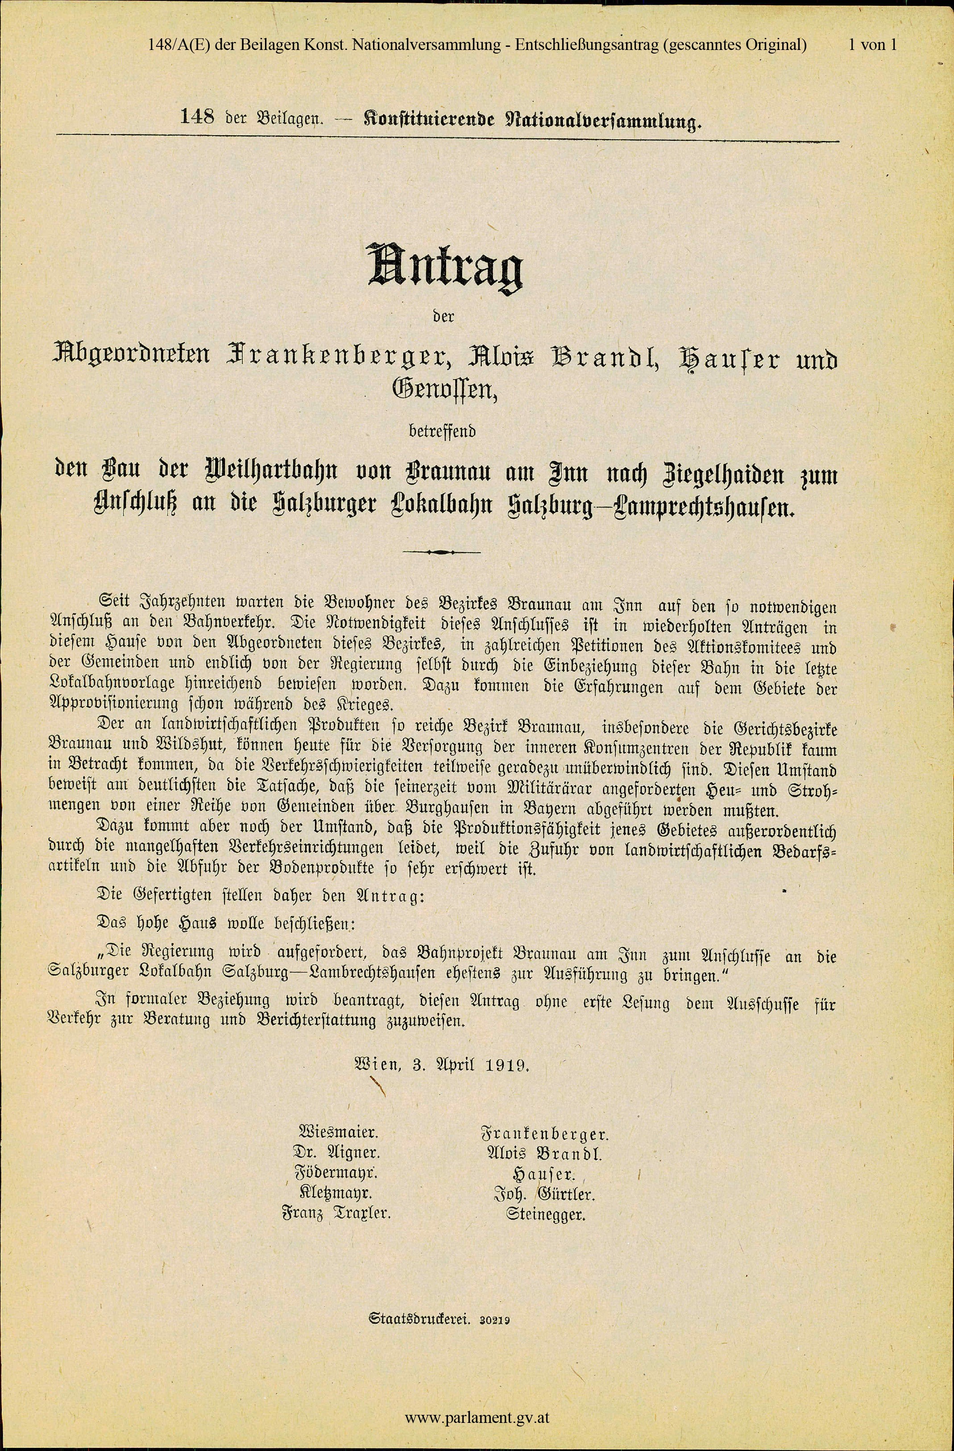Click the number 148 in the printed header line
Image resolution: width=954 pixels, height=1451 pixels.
pos(197,117)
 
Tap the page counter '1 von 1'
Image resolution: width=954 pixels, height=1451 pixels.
pos(873,45)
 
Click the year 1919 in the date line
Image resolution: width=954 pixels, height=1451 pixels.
pos(507,1065)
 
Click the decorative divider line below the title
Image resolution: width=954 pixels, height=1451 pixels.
pos(442,552)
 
